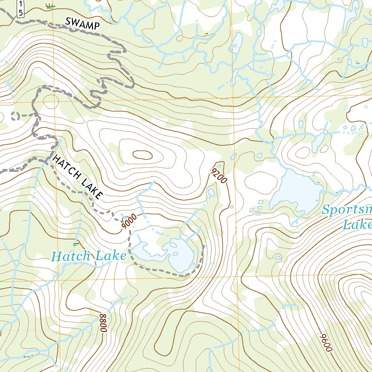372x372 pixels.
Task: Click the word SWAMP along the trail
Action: tap(82, 24)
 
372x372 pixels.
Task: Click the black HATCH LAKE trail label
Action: tap(77, 177)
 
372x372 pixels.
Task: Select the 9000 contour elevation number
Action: tap(130, 221)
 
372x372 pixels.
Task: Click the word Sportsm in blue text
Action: tap(347, 210)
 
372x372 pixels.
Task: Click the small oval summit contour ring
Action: tap(142, 155)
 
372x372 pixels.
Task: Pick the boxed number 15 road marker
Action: tap(21, 8)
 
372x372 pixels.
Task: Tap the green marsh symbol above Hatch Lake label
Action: tap(76, 243)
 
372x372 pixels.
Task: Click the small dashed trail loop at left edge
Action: tap(15, 116)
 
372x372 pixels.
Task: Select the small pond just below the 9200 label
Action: tap(211, 191)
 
